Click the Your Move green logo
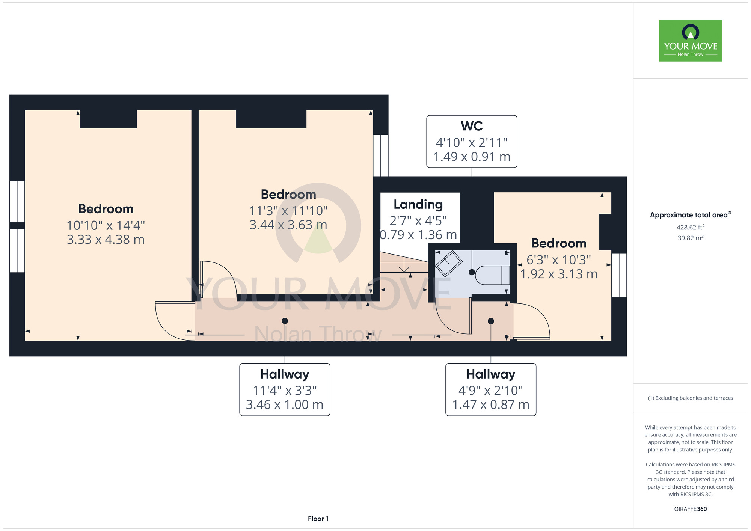(691, 41)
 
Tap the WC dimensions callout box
(472, 142)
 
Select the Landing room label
(418, 204)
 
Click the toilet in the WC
(492, 275)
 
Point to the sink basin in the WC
(448, 263)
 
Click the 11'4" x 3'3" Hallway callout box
(285, 389)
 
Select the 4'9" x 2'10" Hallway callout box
(491, 389)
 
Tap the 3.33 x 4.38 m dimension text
(106, 240)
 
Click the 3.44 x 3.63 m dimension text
(288, 225)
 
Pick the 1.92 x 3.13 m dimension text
(559, 274)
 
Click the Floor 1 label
(318, 519)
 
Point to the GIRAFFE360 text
(691, 509)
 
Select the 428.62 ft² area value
(691, 227)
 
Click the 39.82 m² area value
(691, 238)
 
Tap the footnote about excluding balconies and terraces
(691, 398)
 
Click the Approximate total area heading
(691, 215)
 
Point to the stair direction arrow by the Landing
(404, 264)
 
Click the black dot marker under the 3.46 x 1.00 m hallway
(285, 321)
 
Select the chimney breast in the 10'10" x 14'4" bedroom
(108, 119)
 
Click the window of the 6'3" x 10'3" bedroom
(619, 275)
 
